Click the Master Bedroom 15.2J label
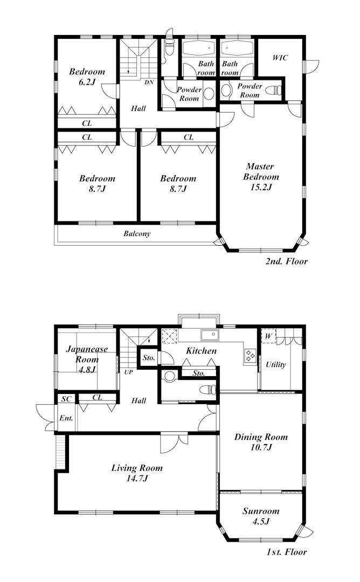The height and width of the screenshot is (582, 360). tap(261, 177)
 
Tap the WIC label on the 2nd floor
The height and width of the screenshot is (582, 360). tap(280, 58)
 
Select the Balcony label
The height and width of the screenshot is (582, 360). tap(137, 234)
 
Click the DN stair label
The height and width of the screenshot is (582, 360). tap(149, 82)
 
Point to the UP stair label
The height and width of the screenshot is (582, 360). tap(128, 372)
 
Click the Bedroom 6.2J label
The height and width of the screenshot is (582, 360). tap(87, 77)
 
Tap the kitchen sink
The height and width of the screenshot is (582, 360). tap(210, 335)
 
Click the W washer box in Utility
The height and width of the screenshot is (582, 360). tap(269, 336)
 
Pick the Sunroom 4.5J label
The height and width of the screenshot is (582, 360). tap(261, 516)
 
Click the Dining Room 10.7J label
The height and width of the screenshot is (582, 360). tap(261, 442)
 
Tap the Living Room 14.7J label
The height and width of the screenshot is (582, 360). tap(137, 473)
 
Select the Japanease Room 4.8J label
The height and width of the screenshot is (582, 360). tap(87, 359)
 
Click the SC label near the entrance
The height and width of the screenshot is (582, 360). tap(66, 399)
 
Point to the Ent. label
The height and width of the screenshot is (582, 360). tap(66, 418)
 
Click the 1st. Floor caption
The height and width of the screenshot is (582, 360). tap(287, 552)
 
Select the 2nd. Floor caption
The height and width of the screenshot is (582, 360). tap(287, 261)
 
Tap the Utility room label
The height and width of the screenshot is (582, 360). tap(276, 364)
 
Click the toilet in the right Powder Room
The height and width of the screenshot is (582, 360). tap(274, 90)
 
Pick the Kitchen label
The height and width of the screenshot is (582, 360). tap(201, 351)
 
